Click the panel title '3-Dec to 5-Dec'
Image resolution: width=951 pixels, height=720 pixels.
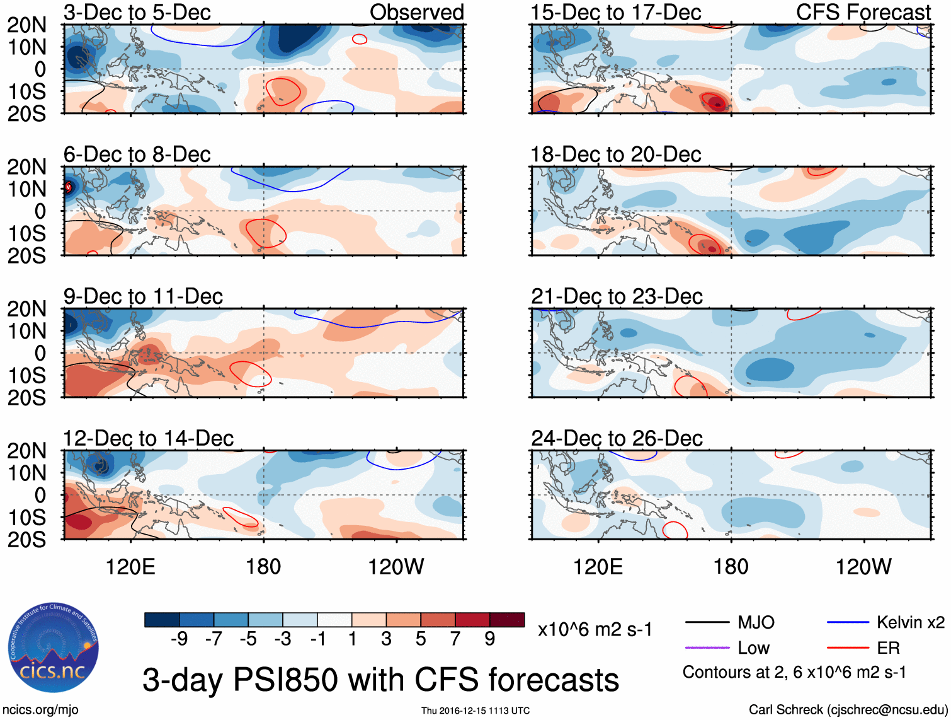[137, 12]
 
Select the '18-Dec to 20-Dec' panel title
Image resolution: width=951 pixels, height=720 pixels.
[615, 154]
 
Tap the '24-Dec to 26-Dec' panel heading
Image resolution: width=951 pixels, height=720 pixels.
[617, 438]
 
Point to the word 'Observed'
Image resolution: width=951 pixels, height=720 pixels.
[416, 12]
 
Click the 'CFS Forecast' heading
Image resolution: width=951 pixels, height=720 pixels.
[863, 12]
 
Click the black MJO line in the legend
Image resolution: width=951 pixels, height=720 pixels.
[707, 622]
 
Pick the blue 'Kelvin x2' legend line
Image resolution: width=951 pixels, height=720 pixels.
[848, 622]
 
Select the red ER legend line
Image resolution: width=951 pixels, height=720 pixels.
[848, 647]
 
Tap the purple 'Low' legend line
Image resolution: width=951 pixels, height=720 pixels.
[707, 647]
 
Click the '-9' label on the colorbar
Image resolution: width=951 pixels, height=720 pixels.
[179, 639]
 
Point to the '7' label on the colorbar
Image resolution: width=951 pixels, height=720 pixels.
[455, 639]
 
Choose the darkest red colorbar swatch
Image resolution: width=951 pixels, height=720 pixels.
[507, 620]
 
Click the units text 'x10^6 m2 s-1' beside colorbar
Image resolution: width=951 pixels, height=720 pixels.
[595, 629]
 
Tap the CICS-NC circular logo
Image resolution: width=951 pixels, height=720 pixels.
[54, 648]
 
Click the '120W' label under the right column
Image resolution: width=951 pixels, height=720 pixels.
[863, 567]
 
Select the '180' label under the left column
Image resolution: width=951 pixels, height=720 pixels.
[263, 567]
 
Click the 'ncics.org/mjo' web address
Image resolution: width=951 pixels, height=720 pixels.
[40, 710]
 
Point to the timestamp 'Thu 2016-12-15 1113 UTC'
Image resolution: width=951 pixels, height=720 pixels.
[475, 711]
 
